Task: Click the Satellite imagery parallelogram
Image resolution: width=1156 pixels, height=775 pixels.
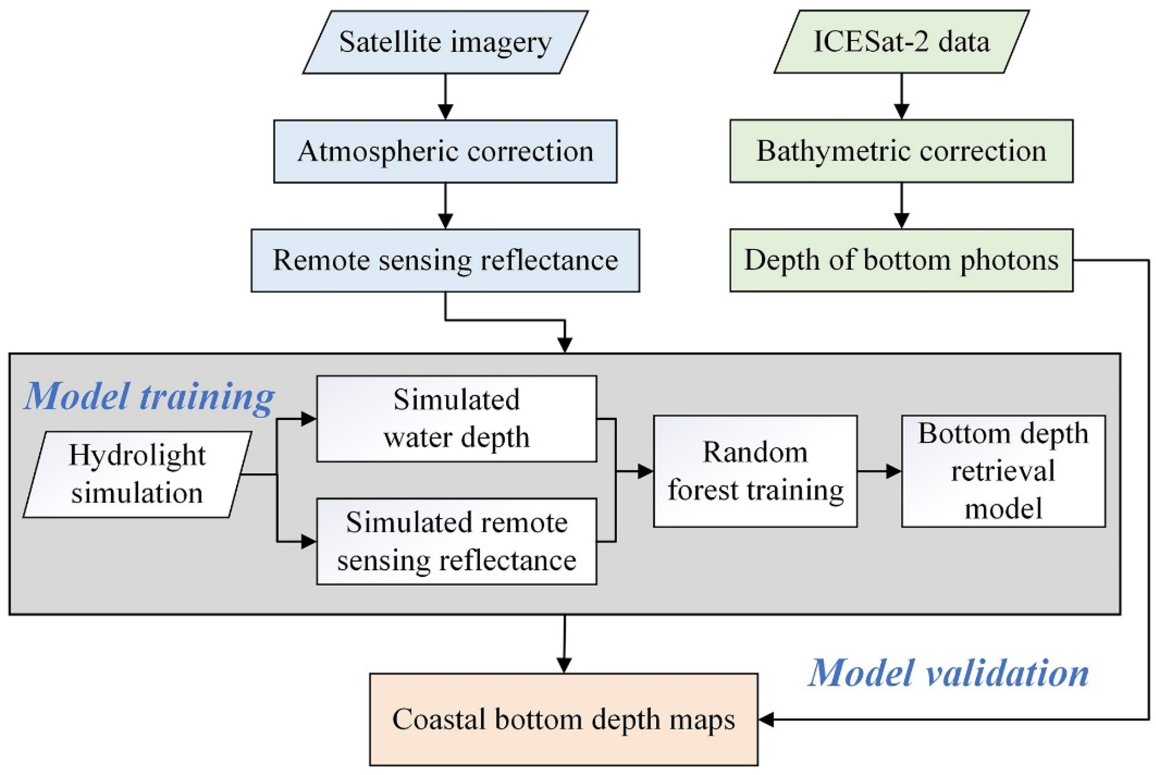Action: (445, 42)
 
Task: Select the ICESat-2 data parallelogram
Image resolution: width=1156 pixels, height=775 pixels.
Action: (901, 42)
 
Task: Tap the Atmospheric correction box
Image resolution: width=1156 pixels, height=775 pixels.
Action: (445, 151)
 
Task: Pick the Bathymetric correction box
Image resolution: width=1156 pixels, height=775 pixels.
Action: (901, 151)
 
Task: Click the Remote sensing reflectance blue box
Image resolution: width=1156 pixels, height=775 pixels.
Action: (445, 261)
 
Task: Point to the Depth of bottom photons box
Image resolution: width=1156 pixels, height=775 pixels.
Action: (901, 261)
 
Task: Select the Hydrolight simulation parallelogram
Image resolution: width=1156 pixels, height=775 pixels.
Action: (137, 474)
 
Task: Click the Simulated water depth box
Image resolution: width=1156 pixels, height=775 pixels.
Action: (457, 418)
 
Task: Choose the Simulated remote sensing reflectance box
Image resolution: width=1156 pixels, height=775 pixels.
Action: (457, 541)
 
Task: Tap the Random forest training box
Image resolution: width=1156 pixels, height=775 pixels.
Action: (755, 471)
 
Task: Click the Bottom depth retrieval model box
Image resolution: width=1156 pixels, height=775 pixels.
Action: (1003, 471)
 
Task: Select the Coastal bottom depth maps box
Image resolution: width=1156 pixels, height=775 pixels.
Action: (564, 719)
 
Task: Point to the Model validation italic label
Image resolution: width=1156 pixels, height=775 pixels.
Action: (948, 673)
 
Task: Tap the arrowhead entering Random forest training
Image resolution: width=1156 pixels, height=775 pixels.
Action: (645, 471)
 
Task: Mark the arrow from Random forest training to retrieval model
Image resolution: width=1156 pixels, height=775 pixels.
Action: (879, 471)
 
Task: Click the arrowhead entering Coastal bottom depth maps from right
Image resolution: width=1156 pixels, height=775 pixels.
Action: (766, 719)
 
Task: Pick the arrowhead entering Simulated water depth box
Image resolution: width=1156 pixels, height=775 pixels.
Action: (308, 418)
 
